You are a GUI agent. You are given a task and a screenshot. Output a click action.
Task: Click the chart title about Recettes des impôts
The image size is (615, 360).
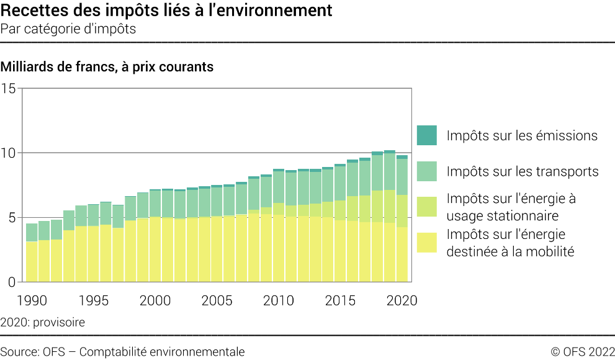(x=166, y=11)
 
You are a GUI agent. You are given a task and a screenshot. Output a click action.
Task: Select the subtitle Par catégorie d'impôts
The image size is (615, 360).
(x=68, y=29)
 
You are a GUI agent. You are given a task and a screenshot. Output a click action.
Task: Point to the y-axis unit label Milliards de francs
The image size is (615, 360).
(x=107, y=66)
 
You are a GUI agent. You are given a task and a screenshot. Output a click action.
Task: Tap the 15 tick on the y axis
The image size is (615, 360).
(x=9, y=88)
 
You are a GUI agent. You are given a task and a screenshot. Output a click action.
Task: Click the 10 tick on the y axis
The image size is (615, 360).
(x=9, y=153)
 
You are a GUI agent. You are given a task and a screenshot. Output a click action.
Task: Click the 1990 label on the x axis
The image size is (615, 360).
(x=32, y=300)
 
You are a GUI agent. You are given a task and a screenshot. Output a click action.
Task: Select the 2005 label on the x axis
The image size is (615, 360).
(x=216, y=300)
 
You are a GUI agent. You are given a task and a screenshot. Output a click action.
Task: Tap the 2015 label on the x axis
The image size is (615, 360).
(x=339, y=300)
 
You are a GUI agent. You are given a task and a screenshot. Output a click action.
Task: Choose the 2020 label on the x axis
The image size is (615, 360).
(x=401, y=300)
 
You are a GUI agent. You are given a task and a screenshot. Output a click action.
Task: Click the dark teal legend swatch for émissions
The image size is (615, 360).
(x=427, y=135)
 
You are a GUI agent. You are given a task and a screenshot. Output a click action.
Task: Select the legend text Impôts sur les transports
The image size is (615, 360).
(x=523, y=171)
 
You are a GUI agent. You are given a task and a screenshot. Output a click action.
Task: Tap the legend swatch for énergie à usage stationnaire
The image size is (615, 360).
(x=427, y=207)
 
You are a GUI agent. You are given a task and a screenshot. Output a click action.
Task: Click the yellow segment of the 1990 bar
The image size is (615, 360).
(x=32, y=261)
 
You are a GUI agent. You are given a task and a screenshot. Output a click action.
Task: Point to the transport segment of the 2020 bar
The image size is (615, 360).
(x=402, y=177)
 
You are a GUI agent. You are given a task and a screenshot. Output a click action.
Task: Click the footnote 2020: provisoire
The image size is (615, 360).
(x=43, y=322)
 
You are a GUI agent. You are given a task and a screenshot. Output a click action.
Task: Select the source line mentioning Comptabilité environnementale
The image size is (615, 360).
(x=122, y=352)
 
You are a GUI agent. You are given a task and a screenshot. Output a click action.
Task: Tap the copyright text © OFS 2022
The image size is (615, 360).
(x=582, y=352)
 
